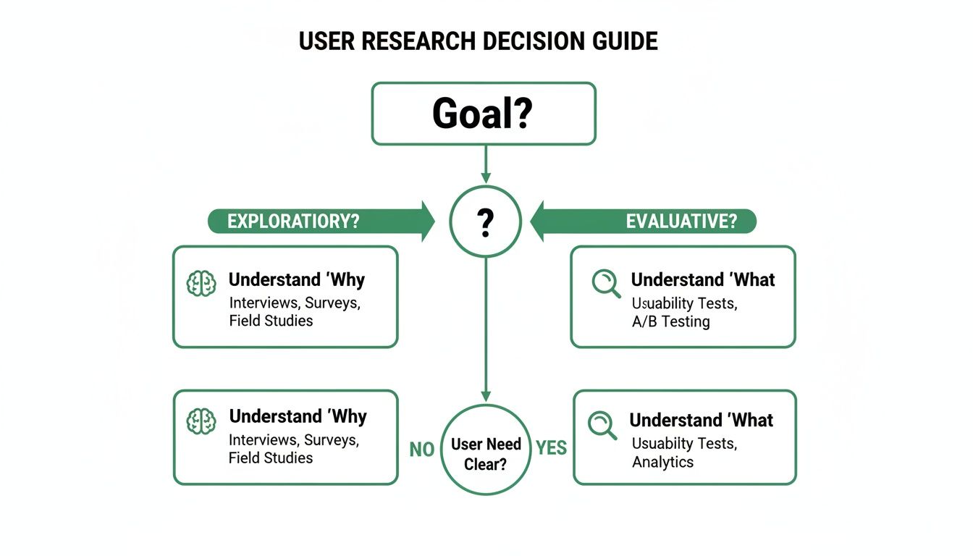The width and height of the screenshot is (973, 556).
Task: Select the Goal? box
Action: click(483, 113)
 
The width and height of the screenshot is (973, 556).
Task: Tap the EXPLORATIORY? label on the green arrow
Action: click(293, 222)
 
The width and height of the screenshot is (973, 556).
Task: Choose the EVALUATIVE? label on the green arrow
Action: click(681, 222)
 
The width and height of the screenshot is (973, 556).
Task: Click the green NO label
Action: click(421, 450)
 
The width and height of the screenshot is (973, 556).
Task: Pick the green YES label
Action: click(551, 448)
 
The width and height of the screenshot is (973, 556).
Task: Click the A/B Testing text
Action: click(670, 322)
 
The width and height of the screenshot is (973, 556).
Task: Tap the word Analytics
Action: click(662, 462)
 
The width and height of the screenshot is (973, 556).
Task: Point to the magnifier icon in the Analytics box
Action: click(602, 425)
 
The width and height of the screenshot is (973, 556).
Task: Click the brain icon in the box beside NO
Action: click(201, 421)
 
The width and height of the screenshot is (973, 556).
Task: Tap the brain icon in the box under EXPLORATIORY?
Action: click(201, 284)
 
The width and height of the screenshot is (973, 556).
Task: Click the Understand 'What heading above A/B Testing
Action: click(702, 280)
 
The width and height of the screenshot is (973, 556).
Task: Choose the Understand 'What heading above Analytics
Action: click(701, 421)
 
